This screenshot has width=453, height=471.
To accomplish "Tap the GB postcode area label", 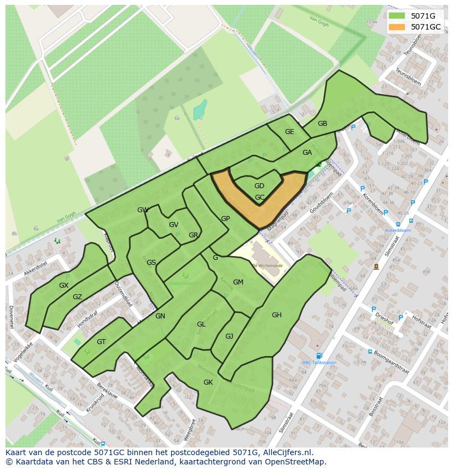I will pos(322,124).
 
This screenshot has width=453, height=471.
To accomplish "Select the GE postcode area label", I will pos(289,132).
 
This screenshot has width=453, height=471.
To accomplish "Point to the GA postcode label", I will pos(307,153).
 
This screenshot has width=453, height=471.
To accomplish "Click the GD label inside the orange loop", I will pos(259,186).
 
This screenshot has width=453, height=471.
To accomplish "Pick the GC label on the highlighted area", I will pos(259,197).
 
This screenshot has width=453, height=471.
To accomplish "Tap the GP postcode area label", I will pos(225,219).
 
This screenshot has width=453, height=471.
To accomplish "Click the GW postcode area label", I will pos(143,210).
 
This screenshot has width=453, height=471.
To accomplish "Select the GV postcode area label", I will pos(173,225).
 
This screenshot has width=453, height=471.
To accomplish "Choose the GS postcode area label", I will pos(151,263).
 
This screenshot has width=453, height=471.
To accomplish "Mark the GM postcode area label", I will pos(238,282).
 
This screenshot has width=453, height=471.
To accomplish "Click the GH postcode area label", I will pos(277,315).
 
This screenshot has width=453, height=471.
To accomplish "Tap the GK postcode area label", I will pos(208,382).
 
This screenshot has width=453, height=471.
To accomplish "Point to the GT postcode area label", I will pos(101,342).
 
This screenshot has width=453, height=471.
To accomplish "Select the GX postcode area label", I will pos(63,286).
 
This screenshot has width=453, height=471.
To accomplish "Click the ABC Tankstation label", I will pos(319,362).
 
